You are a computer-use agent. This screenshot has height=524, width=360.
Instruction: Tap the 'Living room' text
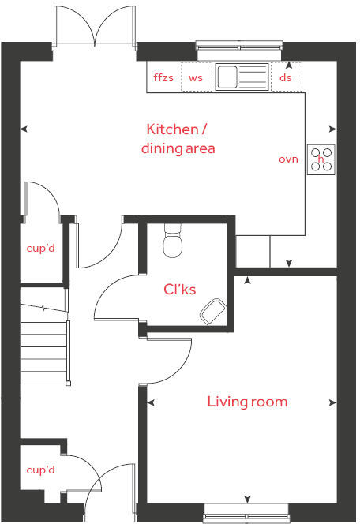coord(247,402)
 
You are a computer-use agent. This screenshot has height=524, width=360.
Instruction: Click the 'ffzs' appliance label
coord(163,77)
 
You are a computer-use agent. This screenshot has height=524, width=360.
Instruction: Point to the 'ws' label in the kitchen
coord(196,77)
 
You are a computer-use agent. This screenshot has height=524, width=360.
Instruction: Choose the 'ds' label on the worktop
coord(286,77)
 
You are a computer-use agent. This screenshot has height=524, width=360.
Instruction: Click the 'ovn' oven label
coord(288,159)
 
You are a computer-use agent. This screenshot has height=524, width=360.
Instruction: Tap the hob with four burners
coord(321,159)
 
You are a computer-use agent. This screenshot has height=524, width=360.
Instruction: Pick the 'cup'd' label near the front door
coord(40,470)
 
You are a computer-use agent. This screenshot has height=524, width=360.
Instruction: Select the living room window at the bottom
coord(247,517)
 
